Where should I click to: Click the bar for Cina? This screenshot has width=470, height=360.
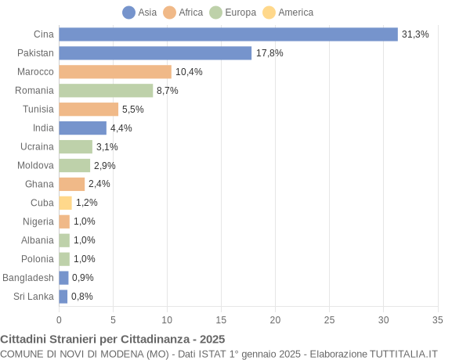228,34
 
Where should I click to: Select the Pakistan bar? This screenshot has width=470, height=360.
155,53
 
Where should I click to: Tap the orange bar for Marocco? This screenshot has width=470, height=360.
115,72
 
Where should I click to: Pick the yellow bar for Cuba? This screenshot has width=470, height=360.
65,203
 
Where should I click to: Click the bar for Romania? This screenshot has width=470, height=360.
106,91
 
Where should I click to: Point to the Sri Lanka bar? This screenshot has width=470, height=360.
63,297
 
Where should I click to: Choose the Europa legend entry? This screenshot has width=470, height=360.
233,13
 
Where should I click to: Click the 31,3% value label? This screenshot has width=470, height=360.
415,34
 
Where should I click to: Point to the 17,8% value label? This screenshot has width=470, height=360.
269,53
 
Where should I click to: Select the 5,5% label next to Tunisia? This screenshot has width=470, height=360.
132,110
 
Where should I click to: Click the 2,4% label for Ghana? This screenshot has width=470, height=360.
99,184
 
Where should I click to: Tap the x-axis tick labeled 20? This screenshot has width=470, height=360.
275,319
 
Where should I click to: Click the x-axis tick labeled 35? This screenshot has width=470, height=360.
438,319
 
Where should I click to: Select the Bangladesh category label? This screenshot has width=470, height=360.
28,278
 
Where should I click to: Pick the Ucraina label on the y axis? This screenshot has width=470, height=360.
37,146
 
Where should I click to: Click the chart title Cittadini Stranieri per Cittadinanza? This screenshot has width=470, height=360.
113,340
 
